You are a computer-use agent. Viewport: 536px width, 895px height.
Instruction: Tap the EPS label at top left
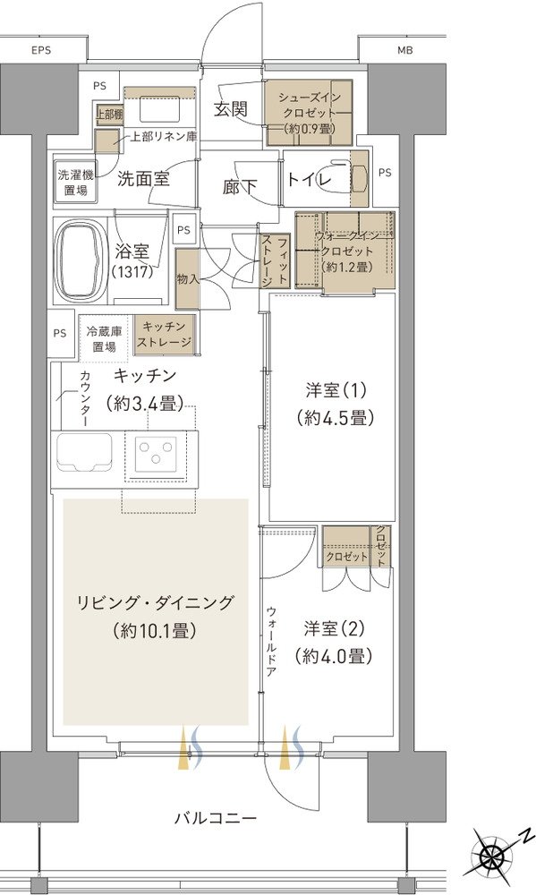41,50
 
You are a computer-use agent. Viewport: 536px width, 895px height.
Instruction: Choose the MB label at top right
405,50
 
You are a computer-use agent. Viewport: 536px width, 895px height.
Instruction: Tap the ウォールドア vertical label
270,641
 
